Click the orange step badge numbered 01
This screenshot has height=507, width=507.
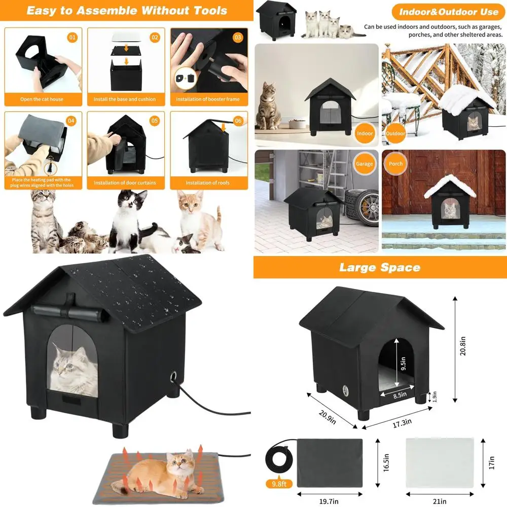click(72, 37)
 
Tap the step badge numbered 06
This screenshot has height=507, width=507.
click(238, 121)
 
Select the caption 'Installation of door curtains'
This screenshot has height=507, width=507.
click(125, 183)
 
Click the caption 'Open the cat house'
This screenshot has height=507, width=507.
click(42, 99)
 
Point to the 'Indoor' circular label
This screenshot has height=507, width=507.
click(365, 134)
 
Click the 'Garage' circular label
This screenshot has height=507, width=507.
click(364, 164)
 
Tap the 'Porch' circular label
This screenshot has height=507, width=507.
click(395, 164)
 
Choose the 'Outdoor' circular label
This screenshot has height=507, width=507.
click(395, 134)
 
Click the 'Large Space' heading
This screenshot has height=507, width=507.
click(380, 268)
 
